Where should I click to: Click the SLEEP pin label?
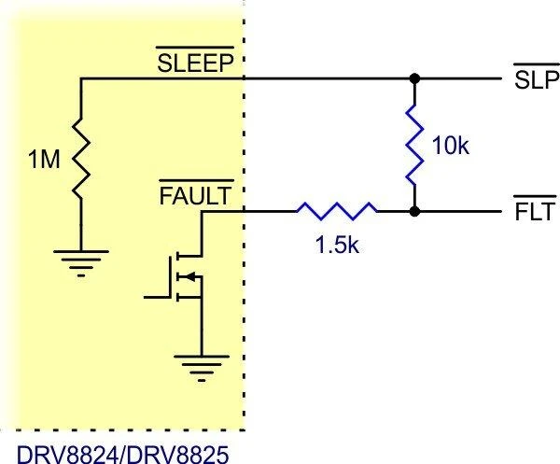(195, 63)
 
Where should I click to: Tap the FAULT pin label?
(195, 196)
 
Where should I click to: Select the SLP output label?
(537, 79)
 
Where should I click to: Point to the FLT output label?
(536, 212)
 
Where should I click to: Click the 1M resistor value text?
(44, 159)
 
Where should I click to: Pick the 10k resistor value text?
(451, 146)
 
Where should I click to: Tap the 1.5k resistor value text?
(337, 245)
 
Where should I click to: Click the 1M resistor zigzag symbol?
(81, 158)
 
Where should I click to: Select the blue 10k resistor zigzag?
(414, 145)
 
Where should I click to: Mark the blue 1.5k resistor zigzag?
(337, 211)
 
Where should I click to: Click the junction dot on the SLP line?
(414, 78)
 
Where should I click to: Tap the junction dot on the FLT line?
(414, 212)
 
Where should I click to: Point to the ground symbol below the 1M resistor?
(81, 263)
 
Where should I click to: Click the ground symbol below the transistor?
(202, 369)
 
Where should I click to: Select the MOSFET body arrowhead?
(190, 276)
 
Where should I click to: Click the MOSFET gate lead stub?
(157, 297)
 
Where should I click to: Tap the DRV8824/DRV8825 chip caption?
(122, 454)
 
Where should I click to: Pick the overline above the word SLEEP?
(195, 48)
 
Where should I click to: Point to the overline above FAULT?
(196, 181)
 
